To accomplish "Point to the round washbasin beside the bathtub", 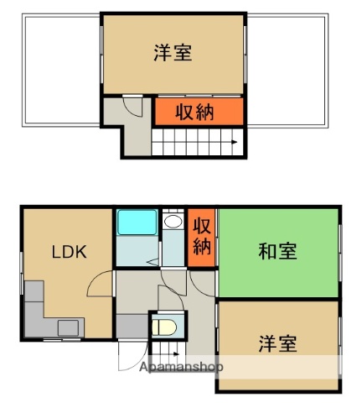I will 173,222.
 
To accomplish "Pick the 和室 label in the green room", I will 277,251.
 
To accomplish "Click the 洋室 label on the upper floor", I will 173,53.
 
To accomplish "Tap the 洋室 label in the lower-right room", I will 277,343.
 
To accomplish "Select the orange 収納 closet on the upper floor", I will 198,112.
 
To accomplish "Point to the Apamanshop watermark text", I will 181,367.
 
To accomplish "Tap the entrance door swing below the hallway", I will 131,356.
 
